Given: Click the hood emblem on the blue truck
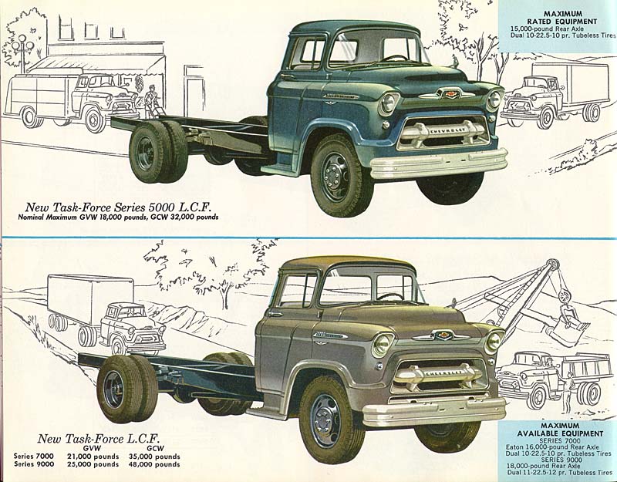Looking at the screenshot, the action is pyautogui.click(x=447, y=93).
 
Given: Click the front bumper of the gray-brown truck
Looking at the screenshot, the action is pyautogui.click(x=433, y=410).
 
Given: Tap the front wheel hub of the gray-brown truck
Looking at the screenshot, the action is pyautogui.click(x=325, y=420).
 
